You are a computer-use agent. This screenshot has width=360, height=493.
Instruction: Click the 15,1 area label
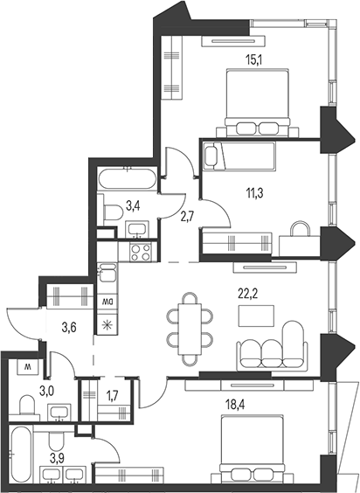pyautogui.click(x=254, y=59)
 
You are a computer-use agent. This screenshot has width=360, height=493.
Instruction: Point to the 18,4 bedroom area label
pyautogui.click(x=235, y=405)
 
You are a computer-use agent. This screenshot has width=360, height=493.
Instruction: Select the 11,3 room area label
pyautogui.click(x=254, y=192)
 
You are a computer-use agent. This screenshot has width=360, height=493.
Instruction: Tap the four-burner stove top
pyautogui.click(x=140, y=252)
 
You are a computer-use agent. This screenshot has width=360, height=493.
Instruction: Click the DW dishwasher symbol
pyautogui.click(x=107, y=302)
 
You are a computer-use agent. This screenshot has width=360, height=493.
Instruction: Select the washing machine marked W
pyautogui.click(x=28, y=366)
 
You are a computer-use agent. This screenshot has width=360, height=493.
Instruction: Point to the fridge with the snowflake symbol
pyautogui.click(x=107, y=324)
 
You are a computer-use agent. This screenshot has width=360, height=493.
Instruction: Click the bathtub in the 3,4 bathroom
pyautogui.click(x=127, y=178)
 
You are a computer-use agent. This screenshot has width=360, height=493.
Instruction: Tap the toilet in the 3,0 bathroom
pyautogui.click(x=26, y=406)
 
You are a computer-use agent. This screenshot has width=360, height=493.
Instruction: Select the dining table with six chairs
pyautogui.click(x=190, y=329)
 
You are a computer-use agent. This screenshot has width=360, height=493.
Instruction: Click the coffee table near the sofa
pyautogui.click(x=256, y=316)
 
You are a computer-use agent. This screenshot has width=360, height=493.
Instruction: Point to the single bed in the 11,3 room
pyautogui.click(x=239, y=156)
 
